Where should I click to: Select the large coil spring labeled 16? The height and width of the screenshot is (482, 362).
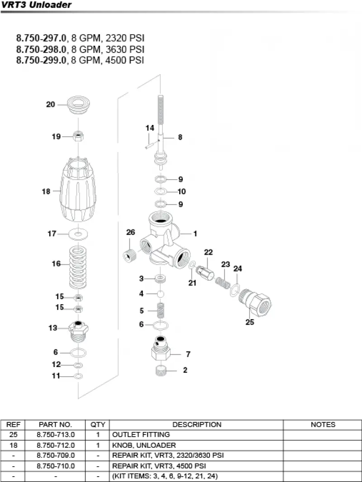78,267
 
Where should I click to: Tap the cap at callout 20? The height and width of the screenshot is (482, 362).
78,105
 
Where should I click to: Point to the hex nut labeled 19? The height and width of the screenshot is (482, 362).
78,136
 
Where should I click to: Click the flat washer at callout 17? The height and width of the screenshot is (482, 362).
78,234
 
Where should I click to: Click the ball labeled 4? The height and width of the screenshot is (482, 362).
160,294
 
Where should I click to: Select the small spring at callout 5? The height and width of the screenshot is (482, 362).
160,310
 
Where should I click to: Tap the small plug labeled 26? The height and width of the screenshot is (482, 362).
129,255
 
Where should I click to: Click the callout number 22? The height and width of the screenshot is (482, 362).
208,252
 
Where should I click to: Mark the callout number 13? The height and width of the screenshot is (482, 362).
52,328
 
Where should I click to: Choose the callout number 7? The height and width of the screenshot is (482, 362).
188,354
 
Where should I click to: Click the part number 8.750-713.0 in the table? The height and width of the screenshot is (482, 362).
56,434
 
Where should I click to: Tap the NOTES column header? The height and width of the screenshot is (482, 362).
323,425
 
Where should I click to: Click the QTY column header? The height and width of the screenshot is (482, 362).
98,425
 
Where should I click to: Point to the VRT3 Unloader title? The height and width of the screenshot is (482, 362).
36,5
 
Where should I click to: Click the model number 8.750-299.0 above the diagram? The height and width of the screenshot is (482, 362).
41,60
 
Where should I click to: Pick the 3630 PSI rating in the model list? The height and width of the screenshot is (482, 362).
125,49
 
